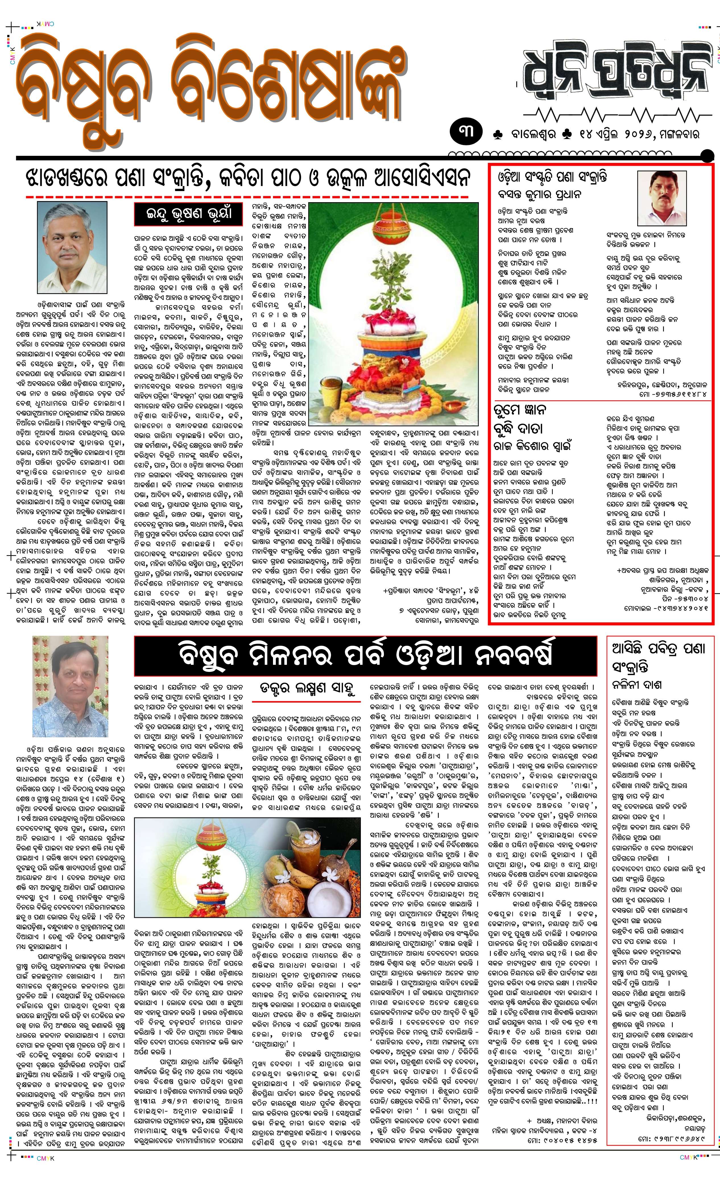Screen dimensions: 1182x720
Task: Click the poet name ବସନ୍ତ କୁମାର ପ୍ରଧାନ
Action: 540,195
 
